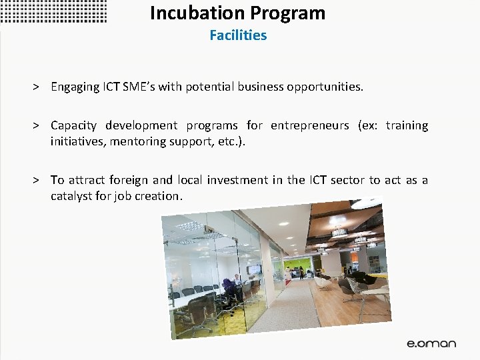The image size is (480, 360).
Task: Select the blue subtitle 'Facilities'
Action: click(x=238, y=35)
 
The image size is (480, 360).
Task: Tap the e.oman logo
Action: click(x=432, y=343)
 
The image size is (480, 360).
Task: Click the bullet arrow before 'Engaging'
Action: click(x=39, y=87)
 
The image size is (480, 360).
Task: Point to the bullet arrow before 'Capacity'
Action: click(x=39, y=126)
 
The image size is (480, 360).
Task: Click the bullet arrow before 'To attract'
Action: click(x=39, y=181)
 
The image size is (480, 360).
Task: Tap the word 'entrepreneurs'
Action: click(x=309, y=126)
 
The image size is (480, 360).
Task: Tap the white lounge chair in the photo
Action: click(x=323, y=281)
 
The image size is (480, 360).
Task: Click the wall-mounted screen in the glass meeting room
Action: click(x=255, y=269)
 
